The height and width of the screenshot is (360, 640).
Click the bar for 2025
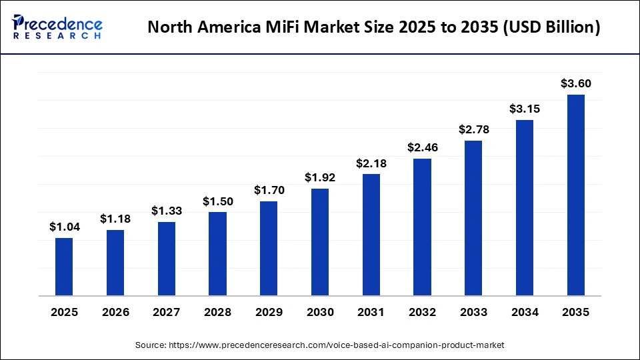(64, 267)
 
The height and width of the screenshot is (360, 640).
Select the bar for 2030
(320, 242)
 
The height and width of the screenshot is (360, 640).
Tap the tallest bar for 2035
(576, 195)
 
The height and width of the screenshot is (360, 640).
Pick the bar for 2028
(217, 254)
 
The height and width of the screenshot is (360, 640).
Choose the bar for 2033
(473, 218)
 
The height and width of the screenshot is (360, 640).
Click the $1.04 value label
(64, 227)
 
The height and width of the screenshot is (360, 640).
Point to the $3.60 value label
(576, 83)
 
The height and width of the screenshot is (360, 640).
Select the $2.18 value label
(371, 163)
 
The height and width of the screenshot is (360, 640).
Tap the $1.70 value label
(269, 190)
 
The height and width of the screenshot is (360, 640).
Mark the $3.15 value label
(525, 109)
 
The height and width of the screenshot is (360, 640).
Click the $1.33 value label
(167, 211)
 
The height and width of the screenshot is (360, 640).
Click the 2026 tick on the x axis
(115, 312)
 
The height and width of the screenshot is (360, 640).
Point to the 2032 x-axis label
(423, 312)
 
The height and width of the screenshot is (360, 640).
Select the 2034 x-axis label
(525, 312)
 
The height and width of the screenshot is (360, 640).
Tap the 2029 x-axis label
(269, 312)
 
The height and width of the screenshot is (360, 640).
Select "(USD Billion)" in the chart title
(545, 28)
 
